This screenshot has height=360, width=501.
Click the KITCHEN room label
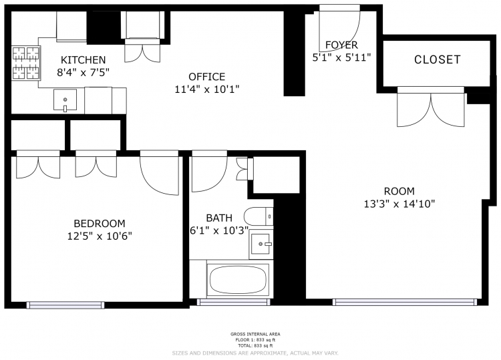pyautogui.click(x=83, y=59)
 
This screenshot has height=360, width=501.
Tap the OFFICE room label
pyautogui.click(x=206, y=77)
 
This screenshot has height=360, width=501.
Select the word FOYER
pyautogui.click(x=341, y=45)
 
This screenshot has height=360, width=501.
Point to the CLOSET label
pyautogui.click(x=437, y=59)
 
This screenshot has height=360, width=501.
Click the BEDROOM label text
pyautogui.click(x=100, y=223)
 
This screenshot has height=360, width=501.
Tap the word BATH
pyautogui.click(x=219, y=218)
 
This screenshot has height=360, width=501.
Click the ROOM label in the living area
pyautogui.click(x=399, y=191)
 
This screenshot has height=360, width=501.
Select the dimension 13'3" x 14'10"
pyautogui.click(x=399, y=204)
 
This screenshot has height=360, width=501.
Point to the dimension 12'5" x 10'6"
pyautogui.click(x=100, y=236)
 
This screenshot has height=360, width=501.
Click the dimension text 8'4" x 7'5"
pyautogui.click(x=83, y=73)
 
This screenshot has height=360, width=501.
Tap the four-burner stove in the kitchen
pyautogui.click(x=26, y=63)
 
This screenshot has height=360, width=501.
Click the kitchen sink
pyautogui.click(x=65, y=100)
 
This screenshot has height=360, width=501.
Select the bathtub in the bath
pyautogui.click(x=238, y=279)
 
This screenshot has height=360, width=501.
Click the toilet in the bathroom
pyautogui.click(x=259, y=216)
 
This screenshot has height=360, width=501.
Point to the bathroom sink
pyautogui.click(x=261, y=244)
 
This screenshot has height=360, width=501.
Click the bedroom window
pyautogui.click(x=65, y=305)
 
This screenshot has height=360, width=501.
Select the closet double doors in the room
pyautogui.click(x=431, y=107)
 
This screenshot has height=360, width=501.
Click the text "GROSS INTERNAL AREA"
pyautogui.click(x=255, y=334)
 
